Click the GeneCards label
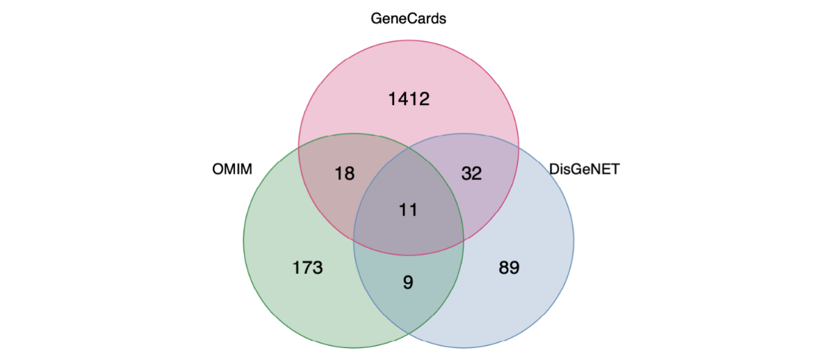409,19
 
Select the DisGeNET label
584,169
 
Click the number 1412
409,99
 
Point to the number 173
308,268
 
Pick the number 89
509,268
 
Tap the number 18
345,173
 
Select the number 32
471,173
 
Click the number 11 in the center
409,209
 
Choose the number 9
409,282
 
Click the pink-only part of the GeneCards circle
409,76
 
